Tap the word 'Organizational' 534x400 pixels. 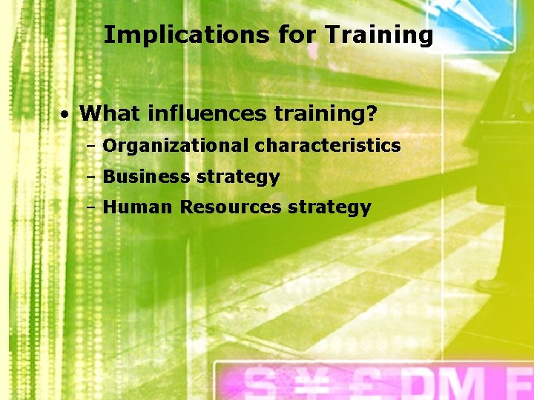point(177,146)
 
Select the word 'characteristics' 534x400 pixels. point(328,146)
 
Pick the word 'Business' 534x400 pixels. point(146,177)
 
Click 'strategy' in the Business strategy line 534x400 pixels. point(238,178)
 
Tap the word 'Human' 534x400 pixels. point(139,207)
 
